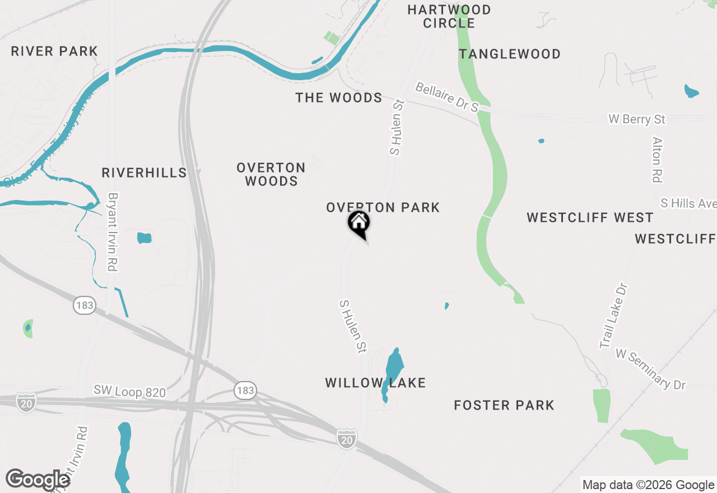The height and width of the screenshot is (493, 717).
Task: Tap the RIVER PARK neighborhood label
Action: [x=54, y=52]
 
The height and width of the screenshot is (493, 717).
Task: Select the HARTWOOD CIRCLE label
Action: [x=449, y=16]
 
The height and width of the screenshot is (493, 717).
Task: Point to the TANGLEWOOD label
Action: [x=510, y=54]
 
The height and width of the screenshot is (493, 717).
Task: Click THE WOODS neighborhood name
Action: [x=339, y=98]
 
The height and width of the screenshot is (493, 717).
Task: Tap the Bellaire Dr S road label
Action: [x=447, y=97]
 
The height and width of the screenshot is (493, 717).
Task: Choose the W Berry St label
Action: [x=637, y=119]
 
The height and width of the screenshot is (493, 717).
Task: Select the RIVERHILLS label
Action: [x=144, y=173]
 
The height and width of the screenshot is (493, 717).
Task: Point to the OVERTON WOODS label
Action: [x=271, y=174]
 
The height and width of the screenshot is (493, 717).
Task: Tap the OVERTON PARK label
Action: [x=383, y=208]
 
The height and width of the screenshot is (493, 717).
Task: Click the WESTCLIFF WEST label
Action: [x=590, y=218]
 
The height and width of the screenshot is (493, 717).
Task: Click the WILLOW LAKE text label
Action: [x=375, y=383]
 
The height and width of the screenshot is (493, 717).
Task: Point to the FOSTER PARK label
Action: [x=504, y=405]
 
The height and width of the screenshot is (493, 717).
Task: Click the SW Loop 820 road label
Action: [x=129, y=391]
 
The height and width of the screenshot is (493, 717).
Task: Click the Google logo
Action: [x=38, y=480]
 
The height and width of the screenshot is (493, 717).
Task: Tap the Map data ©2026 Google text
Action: [x=648, y=485]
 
